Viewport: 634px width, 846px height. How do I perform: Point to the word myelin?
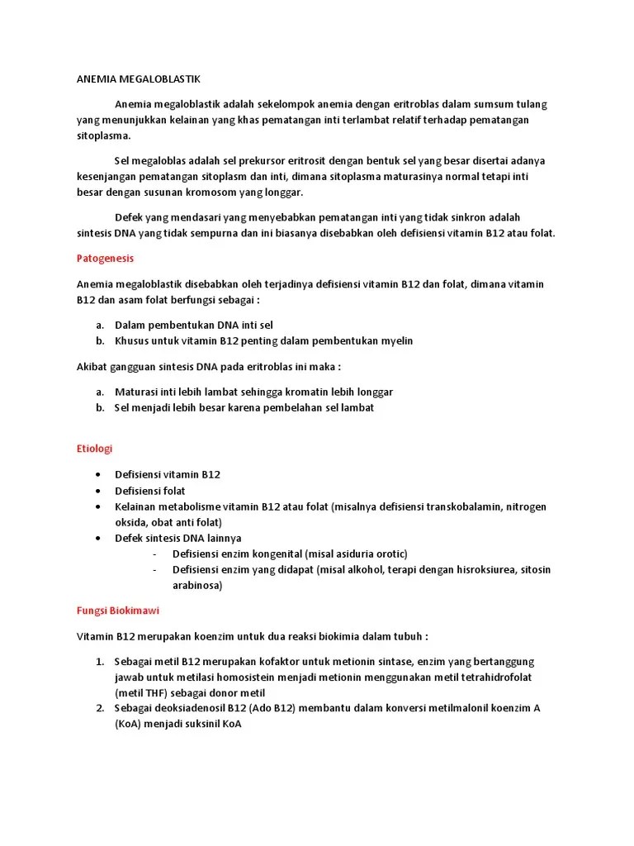point(396,340)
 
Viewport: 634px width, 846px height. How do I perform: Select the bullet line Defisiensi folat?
point(149,491)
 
